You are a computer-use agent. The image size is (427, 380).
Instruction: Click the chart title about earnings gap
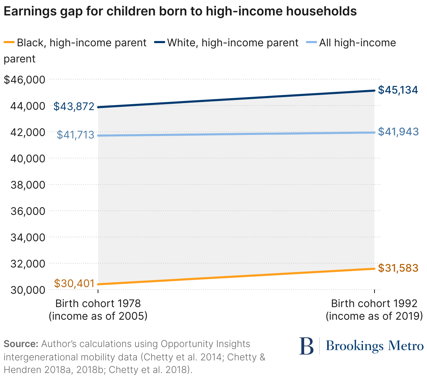180,12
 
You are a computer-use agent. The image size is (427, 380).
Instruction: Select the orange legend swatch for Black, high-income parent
9,43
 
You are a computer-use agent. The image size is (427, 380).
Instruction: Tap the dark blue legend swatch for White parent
160,43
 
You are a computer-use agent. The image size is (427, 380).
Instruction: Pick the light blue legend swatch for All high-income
311,43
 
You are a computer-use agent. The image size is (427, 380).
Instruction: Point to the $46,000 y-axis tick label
24,80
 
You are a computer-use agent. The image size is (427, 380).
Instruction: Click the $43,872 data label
74,106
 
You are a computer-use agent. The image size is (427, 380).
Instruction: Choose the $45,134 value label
398,90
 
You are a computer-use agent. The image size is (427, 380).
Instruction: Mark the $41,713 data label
75,135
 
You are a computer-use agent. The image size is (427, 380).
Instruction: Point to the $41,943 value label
398,131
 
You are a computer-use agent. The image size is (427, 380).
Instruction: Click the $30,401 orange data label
74,283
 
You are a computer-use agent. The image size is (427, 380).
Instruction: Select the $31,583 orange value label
398,268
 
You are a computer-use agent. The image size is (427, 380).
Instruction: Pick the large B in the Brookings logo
307,346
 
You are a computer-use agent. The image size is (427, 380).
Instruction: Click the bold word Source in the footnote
21,344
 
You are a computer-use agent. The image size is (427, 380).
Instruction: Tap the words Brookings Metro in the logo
374,346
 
